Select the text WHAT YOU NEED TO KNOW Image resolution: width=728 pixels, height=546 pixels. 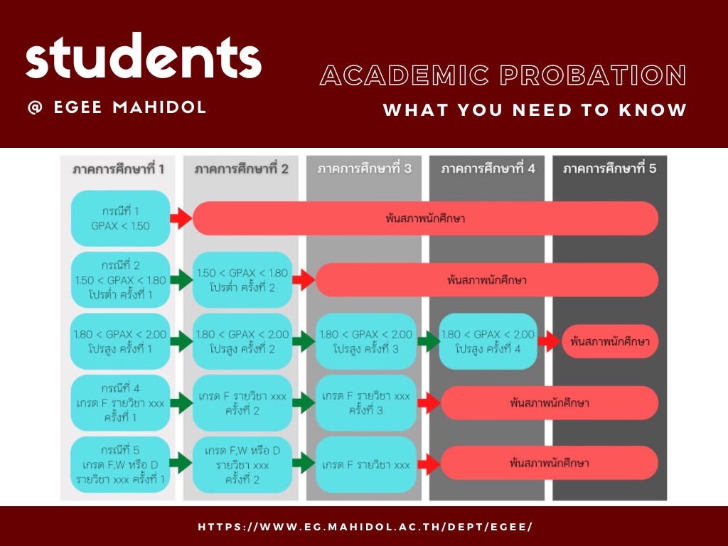(535, 110)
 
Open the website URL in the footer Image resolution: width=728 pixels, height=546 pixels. (365, 527)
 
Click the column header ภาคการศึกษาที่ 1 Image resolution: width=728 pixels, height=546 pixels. (119, 169)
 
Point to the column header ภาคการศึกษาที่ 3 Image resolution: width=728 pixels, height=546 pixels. (363, 169)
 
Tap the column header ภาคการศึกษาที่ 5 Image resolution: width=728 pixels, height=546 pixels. (609, 169)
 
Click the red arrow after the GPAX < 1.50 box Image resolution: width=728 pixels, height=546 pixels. (182, 218)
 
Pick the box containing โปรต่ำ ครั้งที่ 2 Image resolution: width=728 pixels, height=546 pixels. (242, 280)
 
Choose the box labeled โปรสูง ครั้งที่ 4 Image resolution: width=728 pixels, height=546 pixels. (488, 341)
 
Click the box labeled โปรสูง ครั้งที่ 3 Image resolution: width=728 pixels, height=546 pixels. (365, 341)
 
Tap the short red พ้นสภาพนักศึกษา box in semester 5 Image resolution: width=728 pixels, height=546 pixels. (610, 341)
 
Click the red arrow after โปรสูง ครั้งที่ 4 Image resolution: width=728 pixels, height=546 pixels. (550, 341)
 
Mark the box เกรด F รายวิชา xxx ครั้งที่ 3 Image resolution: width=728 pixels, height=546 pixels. (365, 402)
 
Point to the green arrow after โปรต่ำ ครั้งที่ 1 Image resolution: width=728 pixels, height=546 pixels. (182, 280)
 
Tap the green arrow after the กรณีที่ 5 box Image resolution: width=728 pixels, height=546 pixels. (182, 464)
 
